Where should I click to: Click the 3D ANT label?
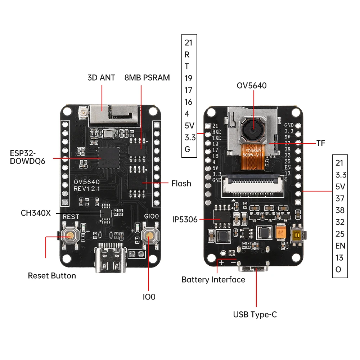101,77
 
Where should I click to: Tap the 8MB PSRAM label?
147,77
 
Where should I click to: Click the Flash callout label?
181,183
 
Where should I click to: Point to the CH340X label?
36,213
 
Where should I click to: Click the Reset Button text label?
52,276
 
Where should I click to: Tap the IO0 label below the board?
149,297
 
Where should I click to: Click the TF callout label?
321,143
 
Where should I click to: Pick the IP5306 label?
185,219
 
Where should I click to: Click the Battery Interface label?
213,280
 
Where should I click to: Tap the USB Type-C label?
255,315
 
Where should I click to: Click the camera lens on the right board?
252,130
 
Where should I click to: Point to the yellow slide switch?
298,235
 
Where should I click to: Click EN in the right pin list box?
340,246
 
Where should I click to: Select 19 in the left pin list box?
188,78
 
